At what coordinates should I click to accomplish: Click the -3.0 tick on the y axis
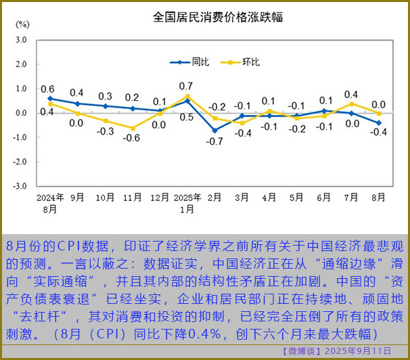pyautogui.click(x=20, y=186)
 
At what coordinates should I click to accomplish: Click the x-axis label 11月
pyautogui.click(x=133, y=198)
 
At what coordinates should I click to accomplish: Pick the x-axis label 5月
pyautogui.click(x=296, y=198)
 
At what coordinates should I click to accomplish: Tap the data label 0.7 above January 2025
pyautogui.click(x=187, y=86)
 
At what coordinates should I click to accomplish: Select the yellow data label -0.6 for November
pyautogui.click(x=132, y=139)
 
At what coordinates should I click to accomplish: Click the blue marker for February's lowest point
pyautogui.click(x=214, y=130)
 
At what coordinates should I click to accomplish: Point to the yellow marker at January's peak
pyautogui.click(x=187, y=96)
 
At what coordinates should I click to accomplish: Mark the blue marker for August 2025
pyautogui.click(x=378, y=122)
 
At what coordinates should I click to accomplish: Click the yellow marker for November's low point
pyautogui.click(x=133, y=128)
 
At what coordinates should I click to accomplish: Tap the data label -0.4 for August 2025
pyautogui.click(x=378, y=133)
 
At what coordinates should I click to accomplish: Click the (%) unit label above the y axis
pyautogui.click(x=22, y=24)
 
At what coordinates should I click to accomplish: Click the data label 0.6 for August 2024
pyautogui.click(x=47, y=89)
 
